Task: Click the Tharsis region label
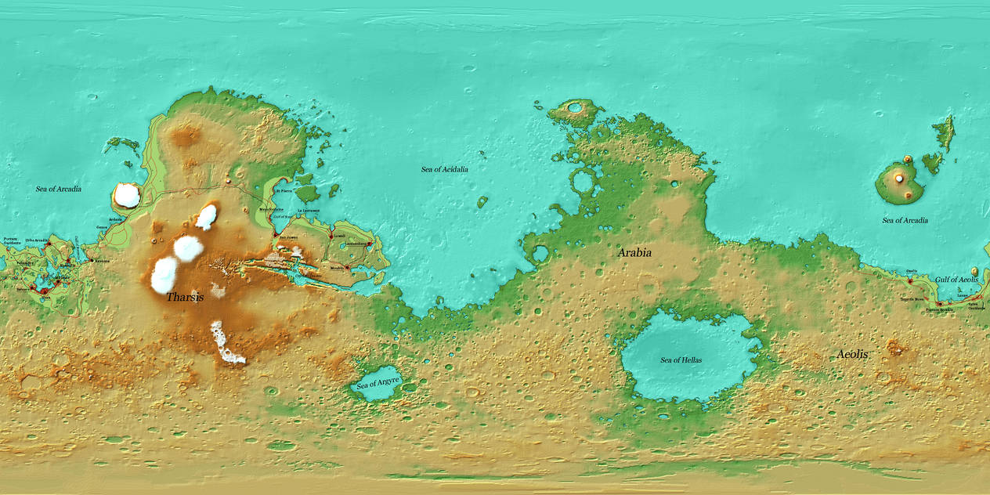185,298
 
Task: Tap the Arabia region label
634,253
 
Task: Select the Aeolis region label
852,355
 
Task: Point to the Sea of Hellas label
681,360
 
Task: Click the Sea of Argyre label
378,384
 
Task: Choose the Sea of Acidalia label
444,169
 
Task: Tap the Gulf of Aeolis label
956,280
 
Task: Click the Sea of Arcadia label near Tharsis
58,189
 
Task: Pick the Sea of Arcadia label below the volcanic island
905,220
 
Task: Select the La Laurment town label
309,211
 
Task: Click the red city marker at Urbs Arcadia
48,244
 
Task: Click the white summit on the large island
898,179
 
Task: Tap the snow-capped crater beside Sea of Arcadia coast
127,195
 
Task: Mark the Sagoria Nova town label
912,299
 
